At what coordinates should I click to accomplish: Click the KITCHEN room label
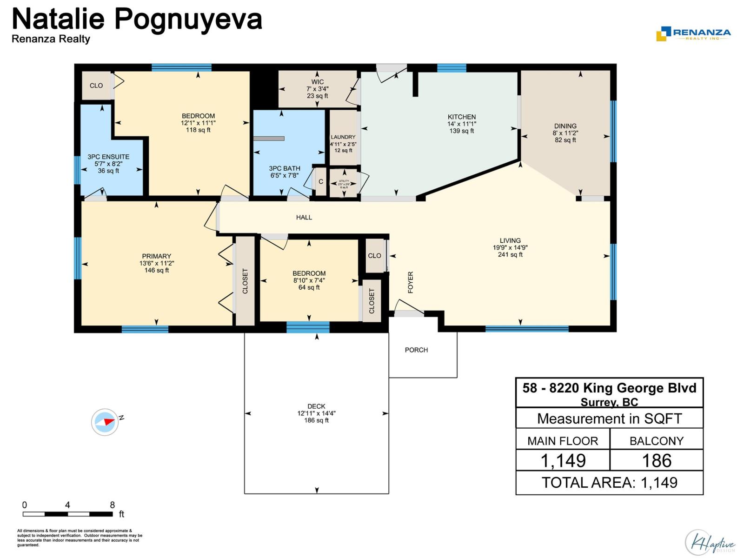[461, 117]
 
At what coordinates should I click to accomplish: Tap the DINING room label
[565, 126]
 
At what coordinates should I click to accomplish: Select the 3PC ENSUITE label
[108, 157]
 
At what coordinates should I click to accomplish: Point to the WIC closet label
[318, 82]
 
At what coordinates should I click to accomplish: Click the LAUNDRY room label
[343, 137]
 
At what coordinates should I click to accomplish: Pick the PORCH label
[416, 350]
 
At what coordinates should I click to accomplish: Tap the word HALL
[304, 217]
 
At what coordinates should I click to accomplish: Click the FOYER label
[411, 282]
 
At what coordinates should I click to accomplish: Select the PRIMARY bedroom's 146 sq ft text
[156, 270]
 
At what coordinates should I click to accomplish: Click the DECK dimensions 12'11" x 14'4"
[316, 413]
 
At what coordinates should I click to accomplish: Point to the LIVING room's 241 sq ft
[510, 255]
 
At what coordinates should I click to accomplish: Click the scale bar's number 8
[112, 505]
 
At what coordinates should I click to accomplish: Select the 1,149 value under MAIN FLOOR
[563, 460]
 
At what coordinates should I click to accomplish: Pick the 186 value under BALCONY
[656, 460]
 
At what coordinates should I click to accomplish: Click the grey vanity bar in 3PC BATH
[269, 139]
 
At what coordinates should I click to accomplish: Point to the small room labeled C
[320, 181]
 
